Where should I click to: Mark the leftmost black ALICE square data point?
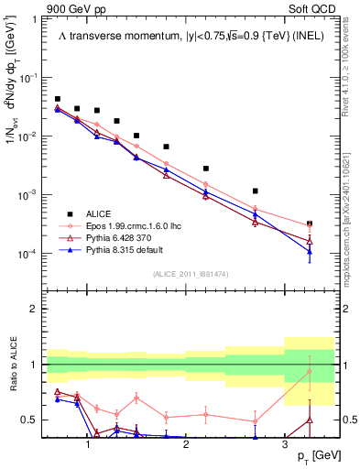[58, 99]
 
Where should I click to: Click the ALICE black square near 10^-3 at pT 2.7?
[255, 191]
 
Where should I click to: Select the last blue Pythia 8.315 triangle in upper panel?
[310, 252]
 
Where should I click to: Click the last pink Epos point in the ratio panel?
[310, 371]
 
